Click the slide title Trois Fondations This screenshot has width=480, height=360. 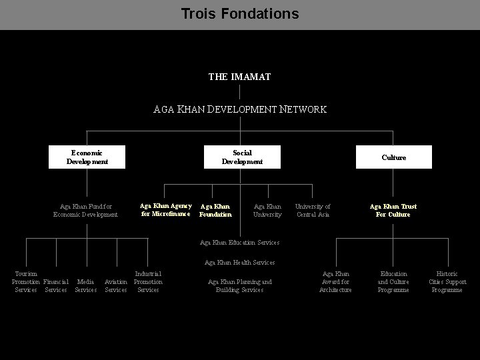(x=240, y=13)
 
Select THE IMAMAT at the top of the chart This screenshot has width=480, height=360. (x=239, y=77)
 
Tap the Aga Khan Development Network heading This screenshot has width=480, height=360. (x=240, y=109)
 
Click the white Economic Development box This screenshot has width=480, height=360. (x=87, y=157)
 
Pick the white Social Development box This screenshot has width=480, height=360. (x=242, y=157)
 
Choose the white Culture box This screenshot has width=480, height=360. (x=393, y=157)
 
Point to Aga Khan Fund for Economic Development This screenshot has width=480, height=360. (x=85, y=211)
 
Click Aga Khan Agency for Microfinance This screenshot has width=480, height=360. (x=165, y=210)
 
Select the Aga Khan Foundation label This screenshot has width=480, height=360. (x=216, y=211)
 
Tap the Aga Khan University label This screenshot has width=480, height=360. (x=267, y=211)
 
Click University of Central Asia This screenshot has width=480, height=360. (x=313, y=211)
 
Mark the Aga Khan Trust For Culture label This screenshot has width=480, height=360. (x=393, y=211)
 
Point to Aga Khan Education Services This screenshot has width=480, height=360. (x=239, y=242)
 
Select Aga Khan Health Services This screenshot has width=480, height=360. (x=239, y=263)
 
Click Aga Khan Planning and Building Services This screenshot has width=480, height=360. (x=240, y=286)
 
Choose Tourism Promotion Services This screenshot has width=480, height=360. (x=26, y=281)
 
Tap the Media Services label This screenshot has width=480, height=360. (x=85, y=285)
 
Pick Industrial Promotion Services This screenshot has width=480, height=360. (x=148, y=281)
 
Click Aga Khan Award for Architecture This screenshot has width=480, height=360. (x=335, y=281)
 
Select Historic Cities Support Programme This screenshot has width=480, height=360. (x=447, y=281)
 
